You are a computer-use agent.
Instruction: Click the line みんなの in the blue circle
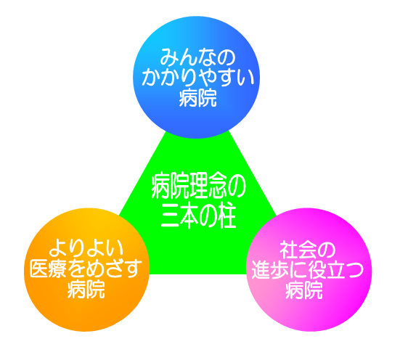coord(197,57)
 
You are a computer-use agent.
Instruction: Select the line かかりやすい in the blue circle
coord(198,77)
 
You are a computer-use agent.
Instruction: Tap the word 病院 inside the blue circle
coord(197,98)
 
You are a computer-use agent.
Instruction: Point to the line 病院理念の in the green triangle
coord(198,187)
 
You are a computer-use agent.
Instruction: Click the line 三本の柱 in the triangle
coord(198,216)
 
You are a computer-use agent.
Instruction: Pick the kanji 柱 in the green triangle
coord(225,216)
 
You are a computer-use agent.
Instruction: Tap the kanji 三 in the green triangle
coord(170,217)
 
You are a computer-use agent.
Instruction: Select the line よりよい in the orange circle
coord(86,248)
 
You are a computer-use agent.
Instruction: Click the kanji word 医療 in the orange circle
coord(49,269)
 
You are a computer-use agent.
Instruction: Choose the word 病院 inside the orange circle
coord(86,289)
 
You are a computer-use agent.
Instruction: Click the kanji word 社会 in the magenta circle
coord(298,250)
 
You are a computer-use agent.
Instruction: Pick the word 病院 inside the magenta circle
coord(304,290)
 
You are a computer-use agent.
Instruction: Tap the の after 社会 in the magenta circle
coord(326,250)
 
